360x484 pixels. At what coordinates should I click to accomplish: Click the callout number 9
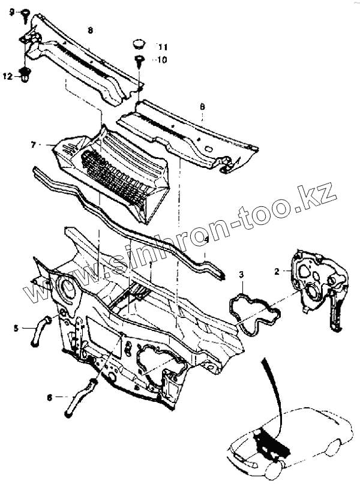11,11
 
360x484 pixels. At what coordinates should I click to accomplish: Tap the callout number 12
7,76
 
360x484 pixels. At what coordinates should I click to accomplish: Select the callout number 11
163,46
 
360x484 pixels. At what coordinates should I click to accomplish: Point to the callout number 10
163,60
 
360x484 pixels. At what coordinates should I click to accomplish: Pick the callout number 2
278,271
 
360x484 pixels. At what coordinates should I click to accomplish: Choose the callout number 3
241,275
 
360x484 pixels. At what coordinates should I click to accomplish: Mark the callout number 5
16,327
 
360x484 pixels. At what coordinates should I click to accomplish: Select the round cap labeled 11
139,43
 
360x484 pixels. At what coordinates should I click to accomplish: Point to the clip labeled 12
25,76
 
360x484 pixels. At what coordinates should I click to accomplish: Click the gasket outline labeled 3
253,311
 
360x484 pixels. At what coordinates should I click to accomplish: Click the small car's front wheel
273,470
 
